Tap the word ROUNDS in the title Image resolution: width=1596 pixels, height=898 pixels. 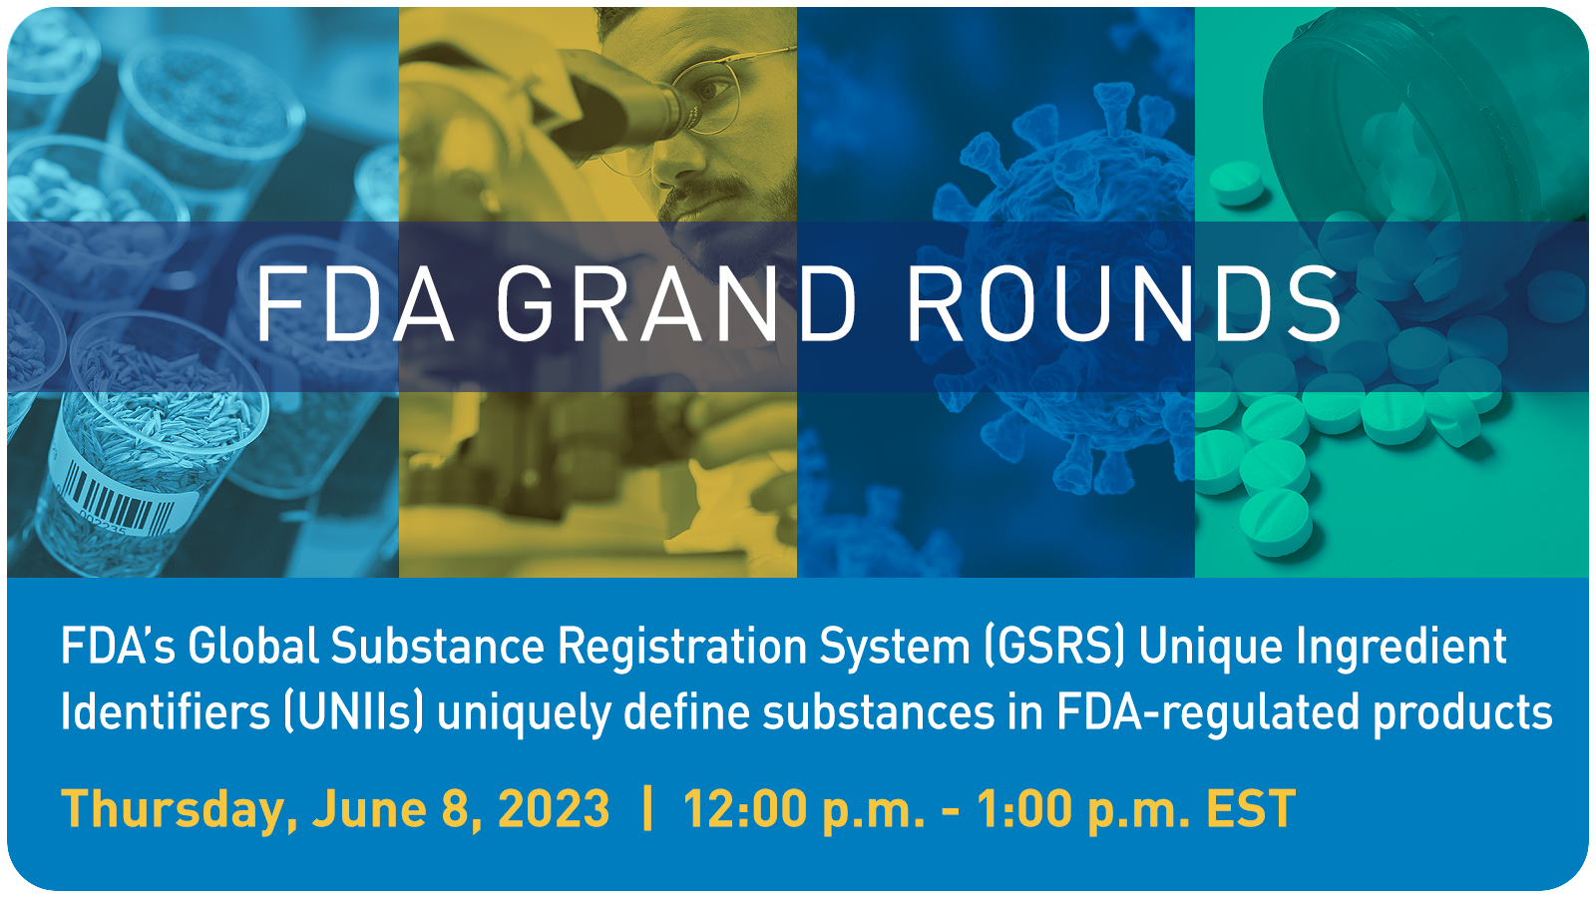click(1123, 303)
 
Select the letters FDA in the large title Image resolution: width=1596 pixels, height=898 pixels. click(354, 303)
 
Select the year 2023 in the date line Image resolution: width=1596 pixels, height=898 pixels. click(554, 809)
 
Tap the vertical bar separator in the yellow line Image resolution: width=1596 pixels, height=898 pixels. click(647, 809)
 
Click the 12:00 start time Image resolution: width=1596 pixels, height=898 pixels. click(744, 809)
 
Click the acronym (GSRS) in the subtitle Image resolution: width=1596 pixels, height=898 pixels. click(1053, 648)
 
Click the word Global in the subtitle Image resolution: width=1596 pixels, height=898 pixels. click(253, 648)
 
